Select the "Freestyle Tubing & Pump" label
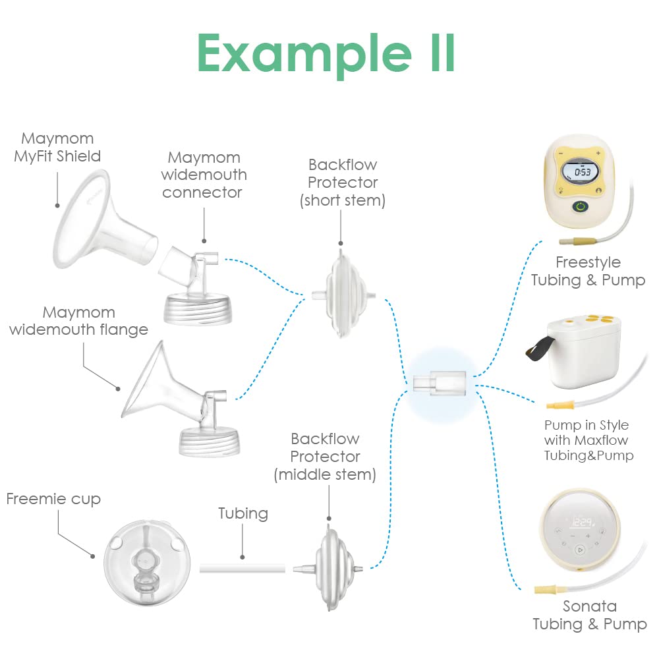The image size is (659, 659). [588, 271]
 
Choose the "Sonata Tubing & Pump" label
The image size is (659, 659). [589, 615]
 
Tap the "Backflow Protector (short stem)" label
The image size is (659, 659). [343, 183]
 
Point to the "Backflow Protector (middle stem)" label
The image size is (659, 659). [326, 457]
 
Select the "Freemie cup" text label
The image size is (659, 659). [53, 499]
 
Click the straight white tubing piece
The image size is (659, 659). [243, 567]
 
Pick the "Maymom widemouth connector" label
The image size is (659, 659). [204, 175]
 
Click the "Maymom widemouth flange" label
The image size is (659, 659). [78, 320]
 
